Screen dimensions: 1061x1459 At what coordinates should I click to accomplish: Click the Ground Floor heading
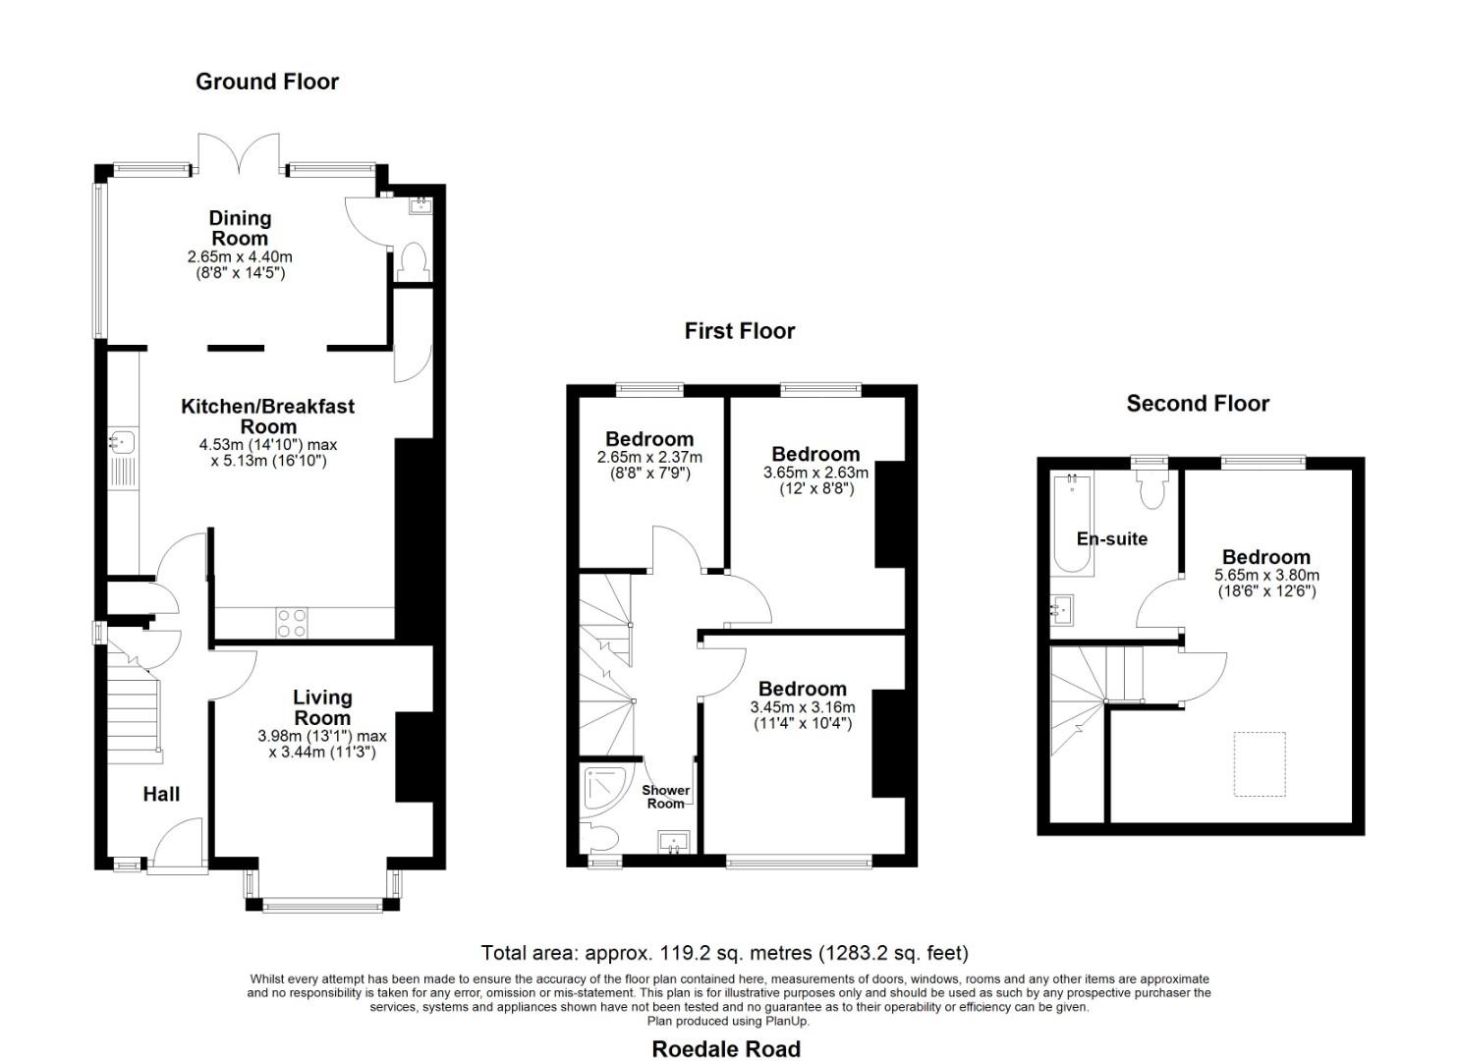pyautogui.click(x=266, y=82)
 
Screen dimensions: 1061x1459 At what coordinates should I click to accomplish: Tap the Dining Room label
pyautogui.click(x=240, y=228)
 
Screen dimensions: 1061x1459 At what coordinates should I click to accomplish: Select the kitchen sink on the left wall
pyautogui.click(x=123, y=441)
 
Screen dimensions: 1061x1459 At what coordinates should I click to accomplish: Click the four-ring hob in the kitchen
pyautogui.click(x=292, y=623)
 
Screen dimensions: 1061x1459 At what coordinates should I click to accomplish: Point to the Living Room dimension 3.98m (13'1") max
pyautogui.click(x=322, y=736)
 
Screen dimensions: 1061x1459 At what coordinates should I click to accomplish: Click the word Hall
pyautogui.click(x=161, y=794)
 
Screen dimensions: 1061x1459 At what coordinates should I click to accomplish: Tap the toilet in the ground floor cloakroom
pyautogui.click(x=414, y=261)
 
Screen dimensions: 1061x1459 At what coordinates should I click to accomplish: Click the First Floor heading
pyautogui.click(x=739, y=331)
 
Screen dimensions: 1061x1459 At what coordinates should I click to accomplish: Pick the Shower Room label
pyautogui.click(x=665, y=797)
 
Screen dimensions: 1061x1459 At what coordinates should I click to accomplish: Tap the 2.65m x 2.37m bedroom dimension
pyautogui.click(x=649, y=457)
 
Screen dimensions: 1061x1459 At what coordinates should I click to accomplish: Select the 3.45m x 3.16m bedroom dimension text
pyautogui.click(x=802, y=707)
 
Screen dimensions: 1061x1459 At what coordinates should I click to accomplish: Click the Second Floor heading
pyautogui.click(x=1197, y=404)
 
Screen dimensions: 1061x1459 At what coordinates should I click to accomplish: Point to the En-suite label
pyautogui.click(x=1111, y=538)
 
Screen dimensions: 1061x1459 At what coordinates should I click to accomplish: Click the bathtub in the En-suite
pyautogui.click(x=1072, y=525)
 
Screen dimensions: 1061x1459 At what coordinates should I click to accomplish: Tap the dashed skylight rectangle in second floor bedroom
pyautogui.click(x=1260, y=764)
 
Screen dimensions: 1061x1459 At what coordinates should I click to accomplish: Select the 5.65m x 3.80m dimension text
pyautogui.click(x=1266, y=576)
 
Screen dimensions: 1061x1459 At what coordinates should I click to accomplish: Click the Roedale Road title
pyautogui.click(x=726, y=1048)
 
